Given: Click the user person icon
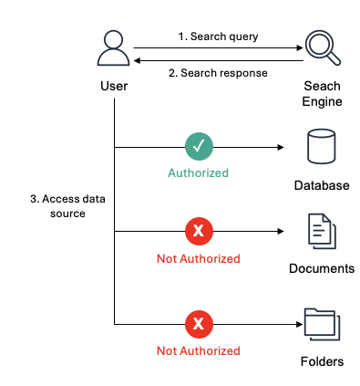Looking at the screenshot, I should (x=114, y=49).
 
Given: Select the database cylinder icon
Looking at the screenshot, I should (x=321, y=146).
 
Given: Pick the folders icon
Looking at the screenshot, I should (x=321, y=323).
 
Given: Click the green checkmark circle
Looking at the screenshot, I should (x=198, y=146).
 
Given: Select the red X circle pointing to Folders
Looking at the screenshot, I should (x=198, y=323).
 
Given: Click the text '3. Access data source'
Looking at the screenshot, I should (x=58, y=206).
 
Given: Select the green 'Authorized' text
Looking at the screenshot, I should (x=198, y=172).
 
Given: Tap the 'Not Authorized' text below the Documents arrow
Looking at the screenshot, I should (x=198, y=258).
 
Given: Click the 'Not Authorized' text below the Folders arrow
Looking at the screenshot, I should (x=198, y=349).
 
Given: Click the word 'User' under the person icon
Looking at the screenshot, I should (x=114, y=86).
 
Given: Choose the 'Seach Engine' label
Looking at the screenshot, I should (x=322, y=93).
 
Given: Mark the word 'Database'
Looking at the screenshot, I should (x=321, y=185).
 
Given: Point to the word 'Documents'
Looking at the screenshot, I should (x=321, y=269).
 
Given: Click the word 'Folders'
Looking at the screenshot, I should (x=321, y=361).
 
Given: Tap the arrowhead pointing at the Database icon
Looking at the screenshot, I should (x=273, y=146).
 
